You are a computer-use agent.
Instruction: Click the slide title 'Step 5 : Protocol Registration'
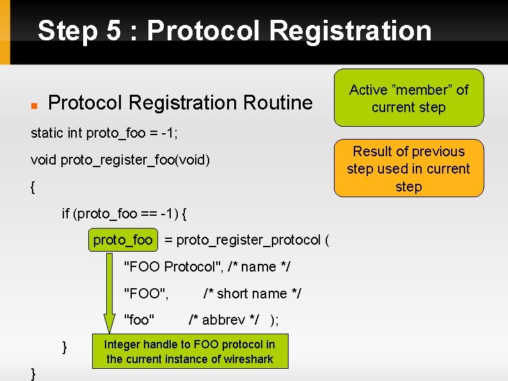pos(234,30)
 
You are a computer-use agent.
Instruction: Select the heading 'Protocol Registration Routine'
pos(180,102)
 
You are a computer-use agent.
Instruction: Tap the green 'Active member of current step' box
pos(408,98)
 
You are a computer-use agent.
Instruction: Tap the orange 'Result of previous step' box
pos(408,168)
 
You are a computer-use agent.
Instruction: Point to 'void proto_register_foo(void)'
pos(120,159)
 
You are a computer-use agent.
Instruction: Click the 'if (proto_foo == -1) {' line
pos(124,213)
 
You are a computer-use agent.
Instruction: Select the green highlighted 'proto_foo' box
pos(123,240)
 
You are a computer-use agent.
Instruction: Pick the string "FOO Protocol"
pos(173,266)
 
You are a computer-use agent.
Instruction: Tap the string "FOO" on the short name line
pos(146,293)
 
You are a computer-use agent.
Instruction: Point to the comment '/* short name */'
pos(252,293)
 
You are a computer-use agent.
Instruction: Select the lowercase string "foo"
pos(140,320)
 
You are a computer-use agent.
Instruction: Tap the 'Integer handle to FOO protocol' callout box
pos(189,352)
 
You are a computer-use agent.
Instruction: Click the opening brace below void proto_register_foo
pos(33,187)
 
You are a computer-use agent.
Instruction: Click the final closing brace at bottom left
pos(33,374)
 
